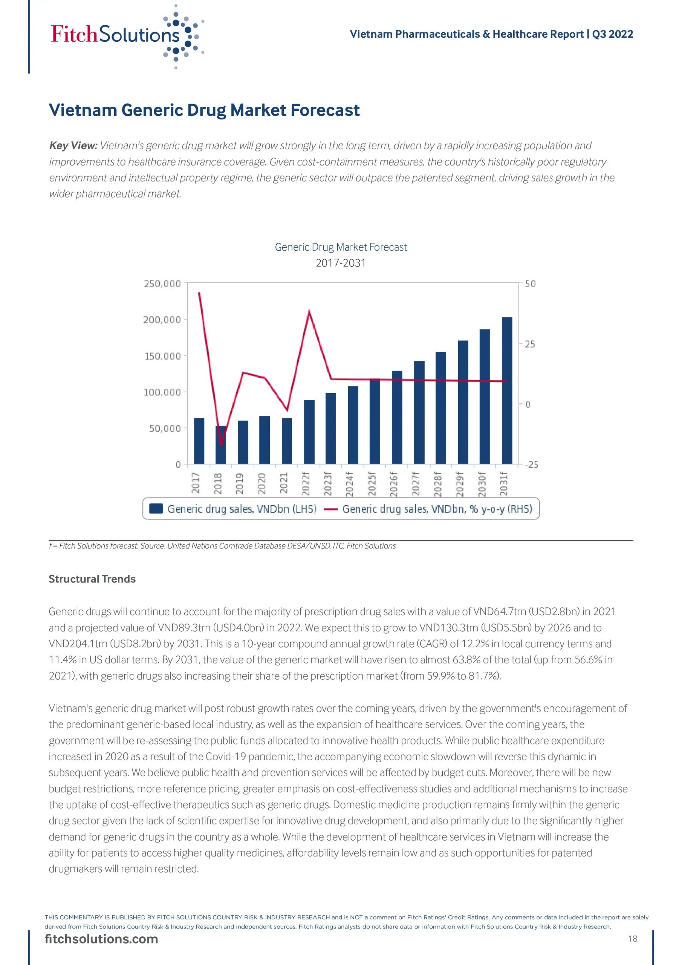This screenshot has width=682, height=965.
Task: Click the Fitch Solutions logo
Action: (x=126, y=36)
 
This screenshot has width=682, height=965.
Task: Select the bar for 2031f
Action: (x=507, y=391)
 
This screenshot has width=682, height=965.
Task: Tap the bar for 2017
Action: (x=199, y=441)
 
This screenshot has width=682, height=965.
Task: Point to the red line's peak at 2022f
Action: (x=309, y=311)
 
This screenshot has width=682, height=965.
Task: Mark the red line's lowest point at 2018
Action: (x=221, y=445)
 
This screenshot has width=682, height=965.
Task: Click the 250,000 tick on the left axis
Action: (x=162, y=284)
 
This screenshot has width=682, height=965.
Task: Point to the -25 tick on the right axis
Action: (x=532, y=464)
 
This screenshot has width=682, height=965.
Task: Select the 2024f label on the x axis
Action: (x=350, y=484)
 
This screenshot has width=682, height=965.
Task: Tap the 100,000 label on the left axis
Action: (x=162, y=392)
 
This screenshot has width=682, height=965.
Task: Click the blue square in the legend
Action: (x=156, y=509)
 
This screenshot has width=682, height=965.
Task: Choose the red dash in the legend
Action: (x=331, y=509)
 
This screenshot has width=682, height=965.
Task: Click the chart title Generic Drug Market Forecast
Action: (x=341, y=247)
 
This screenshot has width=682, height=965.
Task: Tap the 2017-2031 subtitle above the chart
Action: (x=341, y=263)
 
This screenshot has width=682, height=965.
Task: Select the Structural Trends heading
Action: (x=92, y=579)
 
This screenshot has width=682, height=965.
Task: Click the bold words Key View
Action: (x=73, y=146)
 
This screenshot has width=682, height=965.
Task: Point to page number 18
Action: (x=632, y=939)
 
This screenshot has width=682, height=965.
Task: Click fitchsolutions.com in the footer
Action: (x=101, y=939)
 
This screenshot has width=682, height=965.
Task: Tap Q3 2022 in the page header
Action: (x=612, y=34)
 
